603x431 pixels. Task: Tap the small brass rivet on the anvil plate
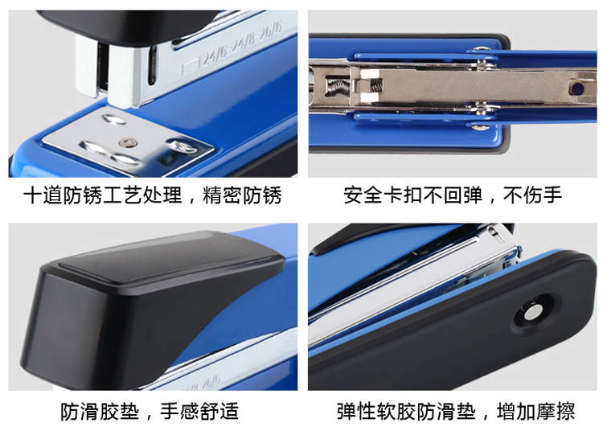pyautogui.click(x=128, y=143)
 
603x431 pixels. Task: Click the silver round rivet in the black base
pyautogui.click(x=531, y=312)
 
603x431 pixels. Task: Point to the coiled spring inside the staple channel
pyautogui.click(x=338, y=86)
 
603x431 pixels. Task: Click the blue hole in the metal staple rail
pyautogui.click(x=577, y=88)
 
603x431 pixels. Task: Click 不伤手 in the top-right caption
pyautogui.click(x=532, y=195)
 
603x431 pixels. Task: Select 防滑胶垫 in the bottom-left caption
pyautogui.click(x=99, y=412)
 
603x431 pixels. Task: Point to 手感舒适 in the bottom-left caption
pyautogui.click(x=199, y=412)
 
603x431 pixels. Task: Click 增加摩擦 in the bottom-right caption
pyautogui.click(x=536, y=412)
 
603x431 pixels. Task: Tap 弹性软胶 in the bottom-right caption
pyautogui.click(x=376, y=412)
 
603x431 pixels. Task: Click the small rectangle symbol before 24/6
pyautogui.click(x=191, y=66)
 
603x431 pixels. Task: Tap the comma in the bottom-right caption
pyautogui.click(x=486, y=416)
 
